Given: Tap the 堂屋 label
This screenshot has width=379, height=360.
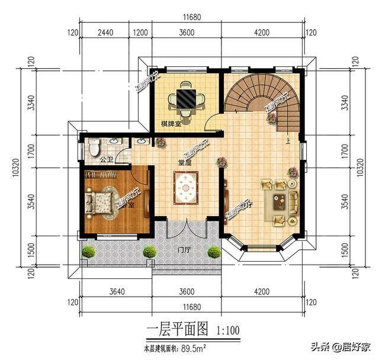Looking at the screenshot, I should (185, 162).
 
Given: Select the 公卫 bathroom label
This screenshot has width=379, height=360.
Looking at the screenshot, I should (107, 160).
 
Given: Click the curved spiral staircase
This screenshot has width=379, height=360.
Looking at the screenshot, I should (261, 98).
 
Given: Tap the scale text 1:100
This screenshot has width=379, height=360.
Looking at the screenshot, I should (228, 329).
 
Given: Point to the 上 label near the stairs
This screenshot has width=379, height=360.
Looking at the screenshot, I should (288, 141).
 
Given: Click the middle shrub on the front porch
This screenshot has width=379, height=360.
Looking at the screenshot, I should (149, 251).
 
